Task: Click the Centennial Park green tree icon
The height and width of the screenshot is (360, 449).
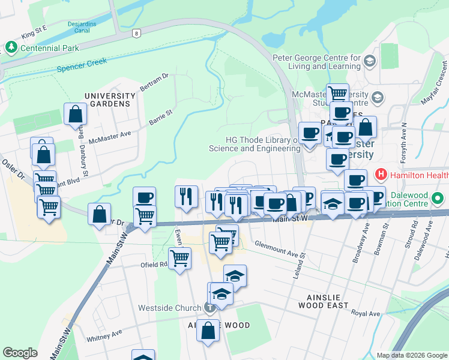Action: tap(10, 47)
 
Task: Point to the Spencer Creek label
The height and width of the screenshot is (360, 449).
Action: tap(82, 65)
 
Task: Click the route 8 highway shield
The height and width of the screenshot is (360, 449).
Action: tap(137, 34)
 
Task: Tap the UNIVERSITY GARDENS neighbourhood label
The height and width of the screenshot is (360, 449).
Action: tap(110, 100)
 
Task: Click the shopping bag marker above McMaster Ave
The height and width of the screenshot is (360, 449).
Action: tap(75, 114)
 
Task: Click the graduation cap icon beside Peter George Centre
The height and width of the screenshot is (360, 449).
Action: tap(369, 61)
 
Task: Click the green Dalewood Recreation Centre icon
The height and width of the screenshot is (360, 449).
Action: tap(438, 197)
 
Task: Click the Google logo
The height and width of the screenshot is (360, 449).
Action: tap(20, 352)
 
